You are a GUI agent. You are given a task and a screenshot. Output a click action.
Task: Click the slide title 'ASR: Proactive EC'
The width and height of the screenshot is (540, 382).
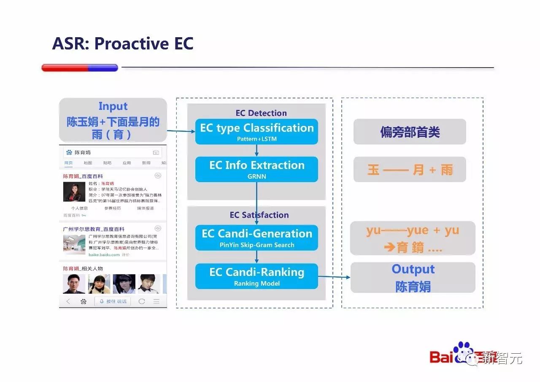(123, 44)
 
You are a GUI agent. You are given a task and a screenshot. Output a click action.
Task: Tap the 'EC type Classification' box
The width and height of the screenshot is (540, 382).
(256, 131)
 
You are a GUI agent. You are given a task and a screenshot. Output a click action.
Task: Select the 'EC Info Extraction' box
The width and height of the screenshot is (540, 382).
(256, 169)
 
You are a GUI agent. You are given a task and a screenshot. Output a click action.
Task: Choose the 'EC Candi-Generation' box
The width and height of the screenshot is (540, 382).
(256, 237)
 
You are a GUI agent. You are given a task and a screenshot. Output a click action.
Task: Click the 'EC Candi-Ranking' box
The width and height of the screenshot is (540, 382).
(256, 276)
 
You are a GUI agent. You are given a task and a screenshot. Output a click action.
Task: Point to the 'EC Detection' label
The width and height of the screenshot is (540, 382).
(261, 113)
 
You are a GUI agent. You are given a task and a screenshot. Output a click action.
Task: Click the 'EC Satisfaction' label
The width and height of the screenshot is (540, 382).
(259, 215)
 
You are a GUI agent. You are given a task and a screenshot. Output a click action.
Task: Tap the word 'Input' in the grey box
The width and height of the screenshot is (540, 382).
(113, 106)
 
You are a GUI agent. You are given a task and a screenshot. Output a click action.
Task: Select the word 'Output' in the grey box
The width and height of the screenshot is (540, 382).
(413, 269)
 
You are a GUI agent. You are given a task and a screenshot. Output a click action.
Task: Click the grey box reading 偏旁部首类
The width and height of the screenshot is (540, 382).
(410, 132)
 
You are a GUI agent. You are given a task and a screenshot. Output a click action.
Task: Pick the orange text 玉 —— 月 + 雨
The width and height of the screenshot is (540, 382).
(410, 170)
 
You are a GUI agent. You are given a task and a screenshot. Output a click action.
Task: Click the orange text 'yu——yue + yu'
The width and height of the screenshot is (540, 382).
(413, 231)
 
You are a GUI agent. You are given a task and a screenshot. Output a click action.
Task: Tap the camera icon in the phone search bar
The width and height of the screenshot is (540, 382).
(156, 153)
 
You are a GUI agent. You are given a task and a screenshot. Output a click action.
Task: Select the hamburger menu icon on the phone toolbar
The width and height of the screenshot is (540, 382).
(156, 301)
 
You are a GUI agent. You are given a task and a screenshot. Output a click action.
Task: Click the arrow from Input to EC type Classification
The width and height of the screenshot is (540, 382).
(181, 131)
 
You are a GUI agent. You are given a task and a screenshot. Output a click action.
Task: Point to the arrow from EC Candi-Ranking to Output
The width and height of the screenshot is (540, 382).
(334, 277)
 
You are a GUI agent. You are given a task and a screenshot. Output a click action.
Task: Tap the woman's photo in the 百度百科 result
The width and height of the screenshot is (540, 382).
(74, 192)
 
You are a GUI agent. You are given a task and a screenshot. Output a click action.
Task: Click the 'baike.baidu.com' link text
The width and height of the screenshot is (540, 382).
(103, 255)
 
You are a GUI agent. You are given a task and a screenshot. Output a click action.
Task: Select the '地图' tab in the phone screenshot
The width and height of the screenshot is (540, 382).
(88, 163)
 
